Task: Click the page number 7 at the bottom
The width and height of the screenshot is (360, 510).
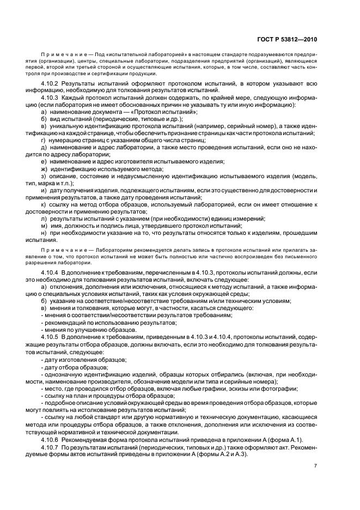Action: (x=315, y=465)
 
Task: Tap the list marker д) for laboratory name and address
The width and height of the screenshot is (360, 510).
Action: (x=44, y=147)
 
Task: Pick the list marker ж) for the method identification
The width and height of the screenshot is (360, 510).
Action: (x=44, y=168)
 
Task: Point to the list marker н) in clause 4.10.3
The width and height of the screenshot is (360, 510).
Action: (x=44, y=233)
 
